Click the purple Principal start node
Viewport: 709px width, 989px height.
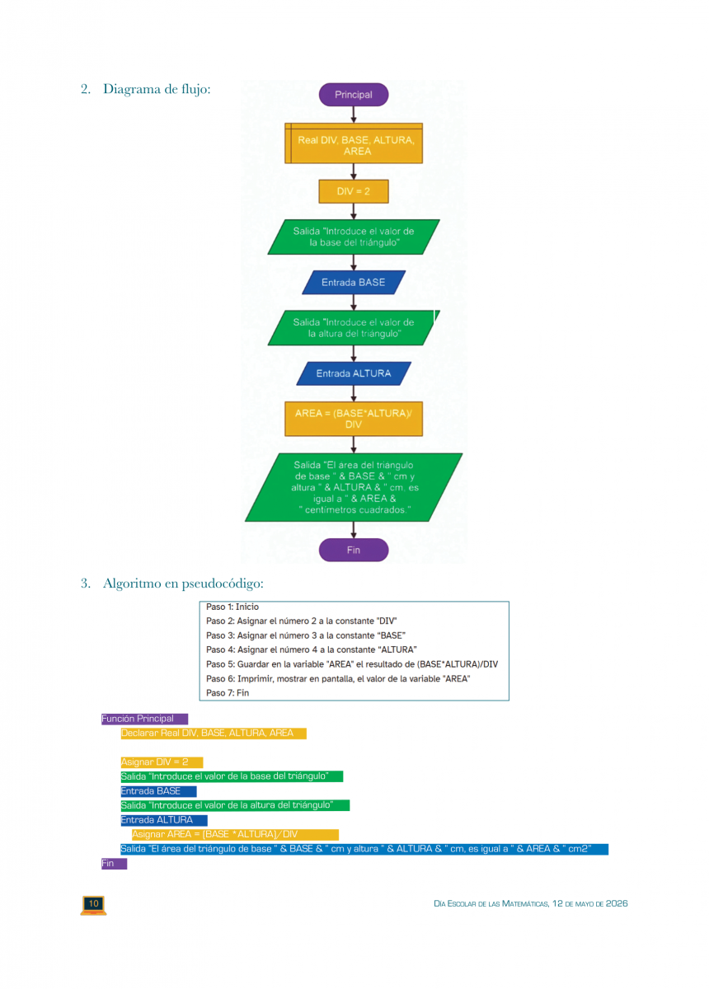(x=353, y=95)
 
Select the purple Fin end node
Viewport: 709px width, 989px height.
(x=353, y=550)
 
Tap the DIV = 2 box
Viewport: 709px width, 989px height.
(x=353, y=191)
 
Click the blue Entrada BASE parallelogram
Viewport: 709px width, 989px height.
(x=353, y=283)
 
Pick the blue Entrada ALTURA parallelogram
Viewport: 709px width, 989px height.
(x=353, y=373)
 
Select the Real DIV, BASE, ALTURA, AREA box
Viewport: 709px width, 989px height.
(x=354, y=145)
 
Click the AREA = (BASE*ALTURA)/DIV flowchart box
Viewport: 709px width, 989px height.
(x=353, y=419)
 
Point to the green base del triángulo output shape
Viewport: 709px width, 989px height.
(x=353, y=237)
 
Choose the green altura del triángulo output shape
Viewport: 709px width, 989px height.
(x=353, y=328)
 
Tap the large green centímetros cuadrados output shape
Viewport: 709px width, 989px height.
(x=353, y=487)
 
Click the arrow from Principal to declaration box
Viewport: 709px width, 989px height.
(x=354, y=115)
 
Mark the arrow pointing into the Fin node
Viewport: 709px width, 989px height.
(x=354, y=530)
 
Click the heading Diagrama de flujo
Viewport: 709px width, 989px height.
(x=157, y=88)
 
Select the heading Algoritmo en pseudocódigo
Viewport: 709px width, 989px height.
(x=182, y=584)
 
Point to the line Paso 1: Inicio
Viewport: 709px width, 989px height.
(x=232, y=607)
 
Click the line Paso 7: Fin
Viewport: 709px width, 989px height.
(x=228, y=693)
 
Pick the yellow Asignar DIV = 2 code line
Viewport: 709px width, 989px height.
(x=161, y=762)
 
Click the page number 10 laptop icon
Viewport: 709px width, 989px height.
(x=93, y=904)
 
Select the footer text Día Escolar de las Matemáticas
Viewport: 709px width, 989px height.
(x=530, y=903)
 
